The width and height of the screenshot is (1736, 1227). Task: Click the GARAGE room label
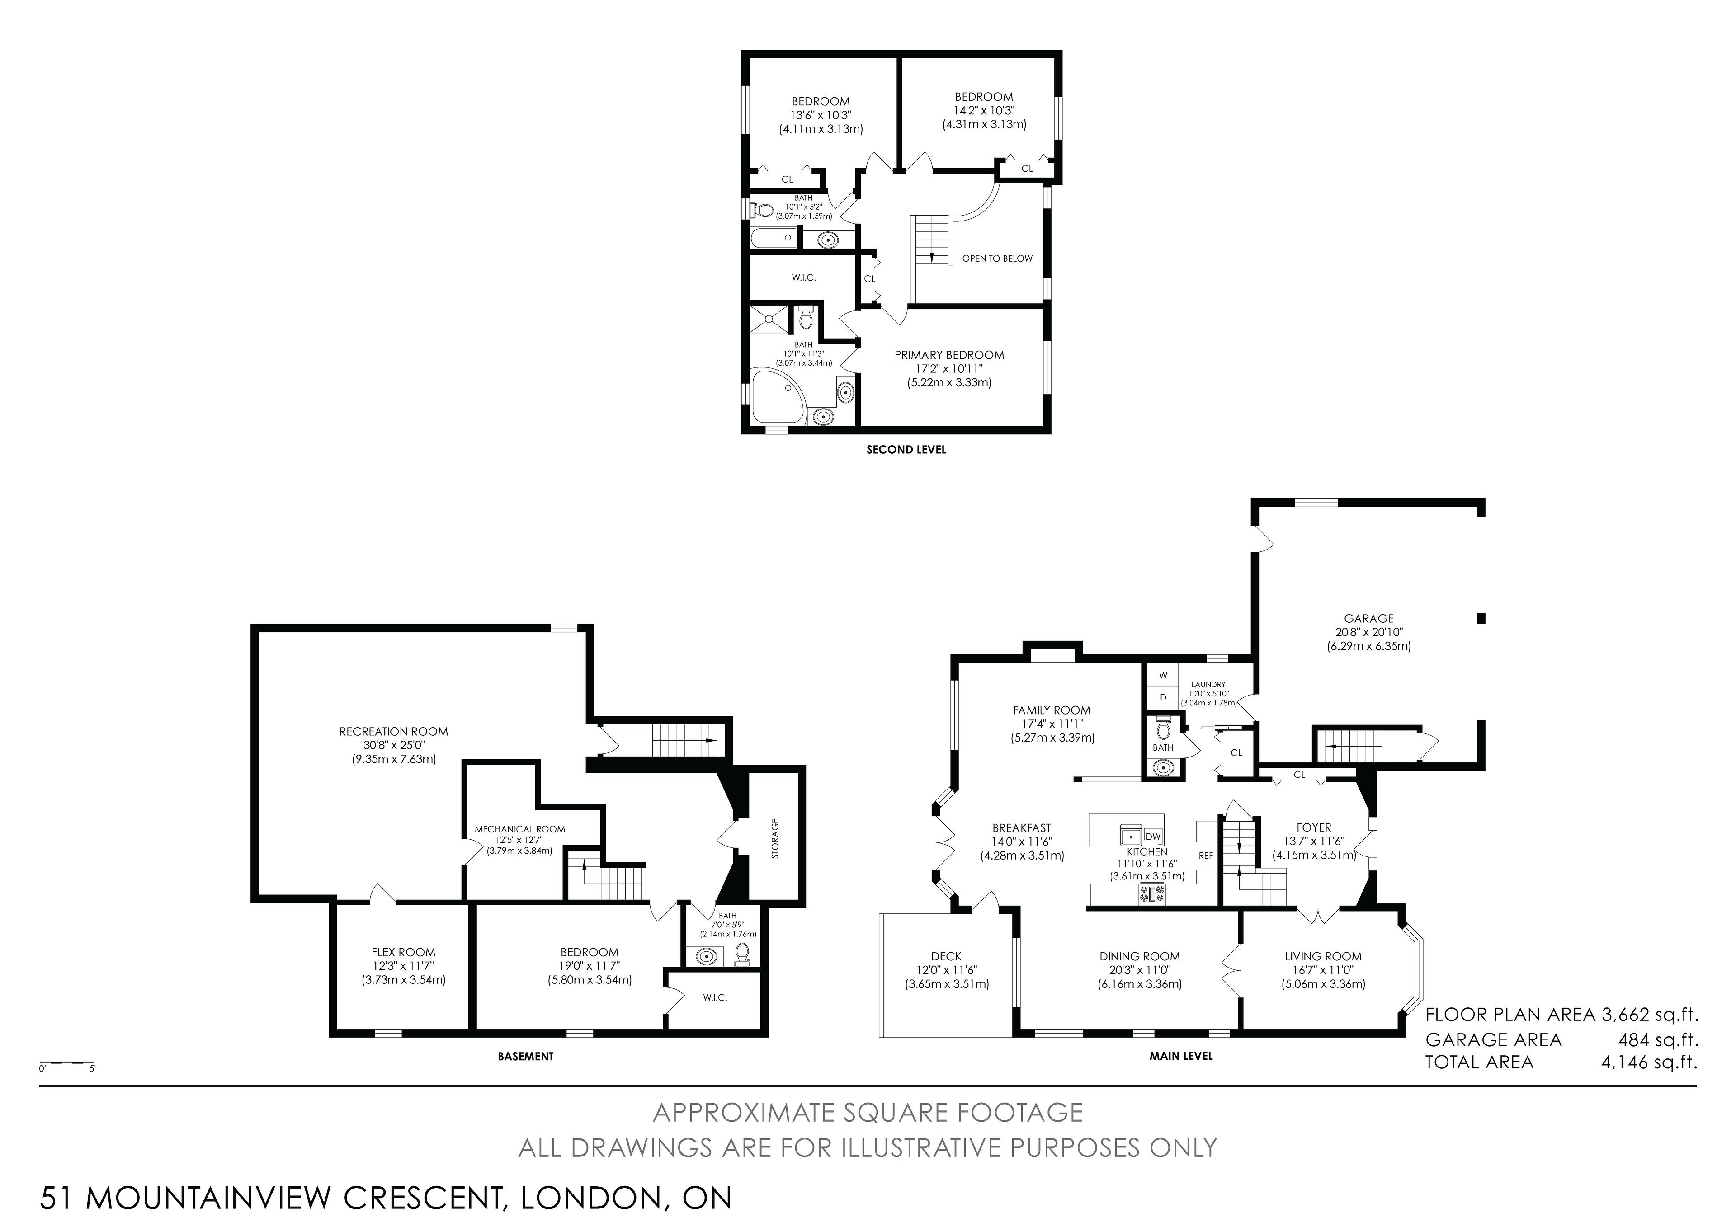click(x=1368, y=618)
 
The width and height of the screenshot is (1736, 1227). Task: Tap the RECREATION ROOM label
click(x=393, y=731)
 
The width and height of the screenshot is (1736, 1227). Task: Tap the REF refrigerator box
click(x=1206, y=856)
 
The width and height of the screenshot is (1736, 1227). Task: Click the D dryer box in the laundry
click(x=1163, y=697)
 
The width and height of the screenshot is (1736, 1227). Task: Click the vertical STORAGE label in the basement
click(x=775, y=838)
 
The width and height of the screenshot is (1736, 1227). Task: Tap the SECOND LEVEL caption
click(x=906, y=450)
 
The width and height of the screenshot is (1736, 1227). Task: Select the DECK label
click(x=947, y=956)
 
